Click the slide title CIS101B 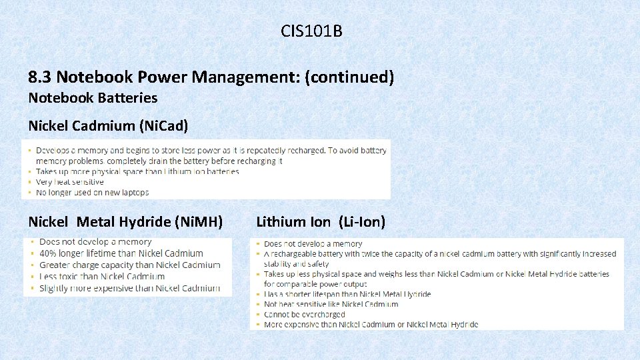(x=311, y=31)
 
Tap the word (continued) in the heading (x=349, y=77)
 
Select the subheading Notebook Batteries (x=93, y=98)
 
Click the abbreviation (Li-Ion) (x=362, y=222)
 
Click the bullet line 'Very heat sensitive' (x=70, y=182)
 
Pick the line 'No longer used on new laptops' (x=92, y=193)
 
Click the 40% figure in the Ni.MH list (x=48, y=253)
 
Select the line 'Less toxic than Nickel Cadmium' (x=102, y=277)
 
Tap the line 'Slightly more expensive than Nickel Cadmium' (x=129, y=289)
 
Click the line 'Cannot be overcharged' (x=305, y=315)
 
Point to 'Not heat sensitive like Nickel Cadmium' (x=331, y=304)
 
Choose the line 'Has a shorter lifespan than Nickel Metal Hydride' (x=347, y=294)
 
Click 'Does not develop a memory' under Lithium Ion (x=313, y=244)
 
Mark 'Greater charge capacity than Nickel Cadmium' (x=129, y=265)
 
